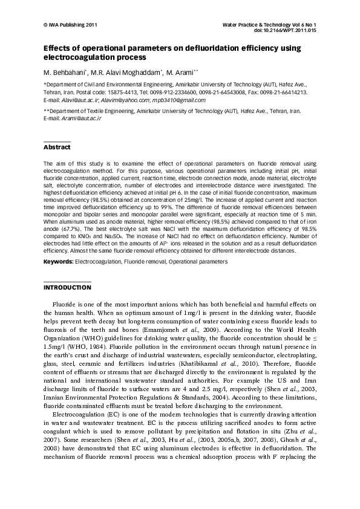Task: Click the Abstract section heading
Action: pyautogui.click(x=57, y=148)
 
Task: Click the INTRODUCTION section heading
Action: pyautogui.click(x=67, y=287)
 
